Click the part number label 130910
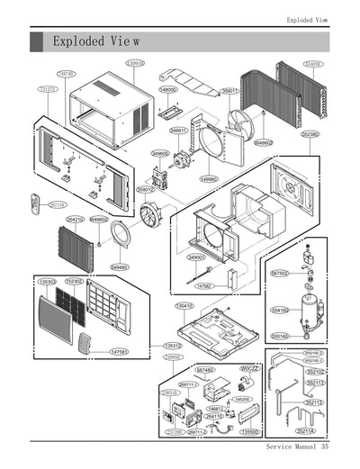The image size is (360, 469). (x=134, y=64)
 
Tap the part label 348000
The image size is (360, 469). (x=168, y=90)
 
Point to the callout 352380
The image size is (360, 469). (x=310, y=134)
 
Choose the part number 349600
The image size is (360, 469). (x=160, y=153)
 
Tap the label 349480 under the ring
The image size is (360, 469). (x=119, y=267)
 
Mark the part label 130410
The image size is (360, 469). (x=184, y=306)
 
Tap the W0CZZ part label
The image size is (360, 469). (x=249, y=369)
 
